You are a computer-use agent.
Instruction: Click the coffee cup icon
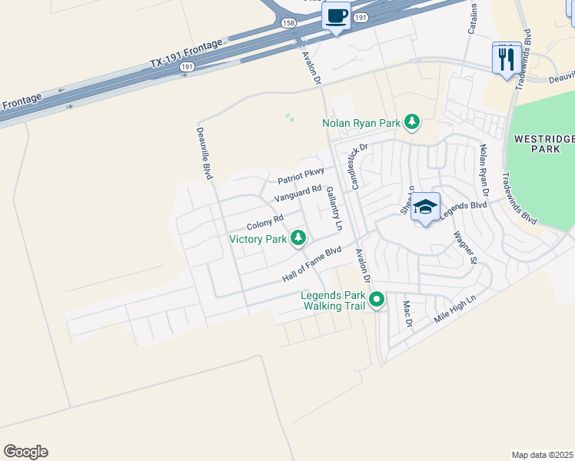pos(336,16)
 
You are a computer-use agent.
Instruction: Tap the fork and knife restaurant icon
pos(506,58)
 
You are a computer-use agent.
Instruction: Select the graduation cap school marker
pos(425,207)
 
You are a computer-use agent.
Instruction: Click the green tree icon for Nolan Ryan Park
pos(412,122)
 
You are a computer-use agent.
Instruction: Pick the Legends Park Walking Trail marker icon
pos(376,300)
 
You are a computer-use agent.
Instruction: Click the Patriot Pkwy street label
pos(301,175)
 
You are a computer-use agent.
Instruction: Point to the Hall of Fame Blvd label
pos(311,264)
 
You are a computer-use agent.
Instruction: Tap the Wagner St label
pos(466,247)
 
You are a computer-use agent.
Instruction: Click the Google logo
pos(25,452)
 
